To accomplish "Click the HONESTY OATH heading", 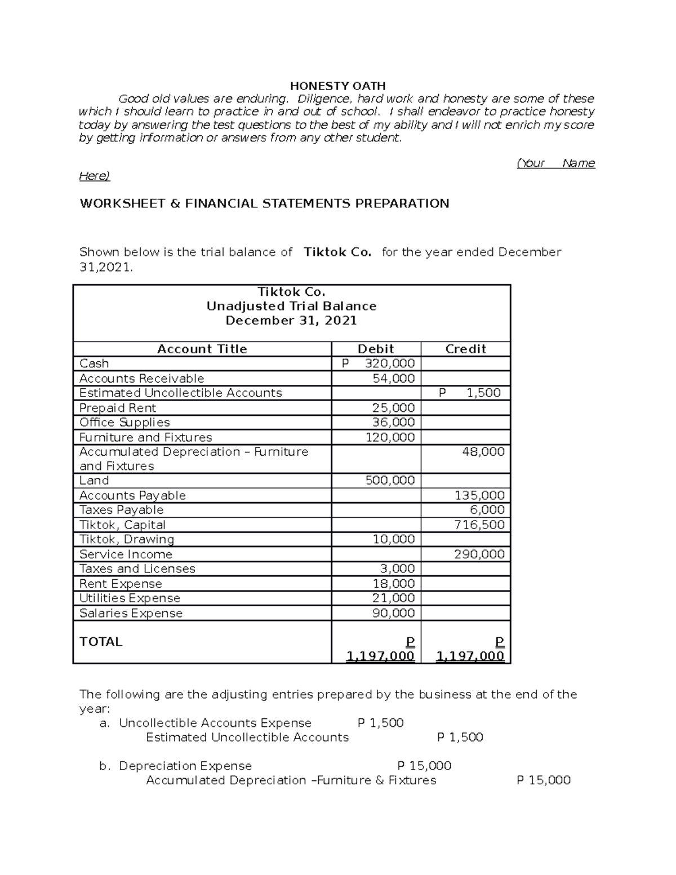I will tap(337, 86).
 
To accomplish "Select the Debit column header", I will tap(376, 349).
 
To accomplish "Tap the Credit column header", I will tap(465, 349).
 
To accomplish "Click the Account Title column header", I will tap(202, 349).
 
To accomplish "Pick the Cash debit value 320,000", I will tap(389, 363).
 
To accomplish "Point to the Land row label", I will tap(94, 481).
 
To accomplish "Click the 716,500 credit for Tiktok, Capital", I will tap(479, 525).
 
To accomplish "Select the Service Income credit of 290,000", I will tap(479, 554).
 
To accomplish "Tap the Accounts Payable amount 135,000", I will tap(479, 495).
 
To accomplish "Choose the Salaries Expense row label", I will tap(131, 613).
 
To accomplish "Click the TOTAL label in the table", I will tap(101, 642).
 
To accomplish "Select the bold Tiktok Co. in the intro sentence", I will tap(337, 252).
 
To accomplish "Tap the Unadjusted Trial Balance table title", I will tap(291, 306).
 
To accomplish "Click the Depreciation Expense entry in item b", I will tap(185, 766).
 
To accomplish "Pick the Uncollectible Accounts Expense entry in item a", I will tap(215, 723).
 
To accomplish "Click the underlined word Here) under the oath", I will tap(94, 176).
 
